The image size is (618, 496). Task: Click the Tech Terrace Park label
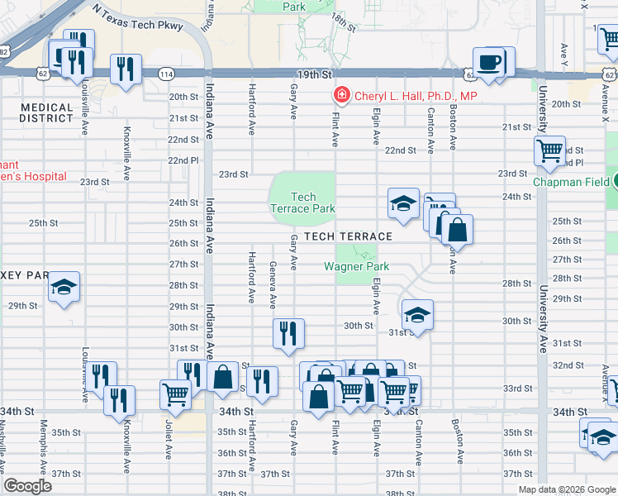point(303,203)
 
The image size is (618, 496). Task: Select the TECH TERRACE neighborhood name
point(347,236)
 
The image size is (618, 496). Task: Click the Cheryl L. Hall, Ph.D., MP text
point(416,96)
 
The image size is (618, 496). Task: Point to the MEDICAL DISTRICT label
point(47,112)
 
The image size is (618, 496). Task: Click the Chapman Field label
point(574,182)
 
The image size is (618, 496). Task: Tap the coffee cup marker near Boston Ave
point(490,64)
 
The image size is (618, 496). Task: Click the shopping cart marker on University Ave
point(549,153)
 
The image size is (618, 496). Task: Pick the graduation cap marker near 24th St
point(402,204)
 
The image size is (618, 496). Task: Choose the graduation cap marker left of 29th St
point(63,288)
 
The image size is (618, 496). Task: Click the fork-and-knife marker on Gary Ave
point(288,335)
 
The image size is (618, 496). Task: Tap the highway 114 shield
point(166,74)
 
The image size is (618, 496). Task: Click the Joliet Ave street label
point(168,439)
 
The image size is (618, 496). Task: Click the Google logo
point(27,486)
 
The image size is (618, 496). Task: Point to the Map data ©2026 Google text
point(566,489)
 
